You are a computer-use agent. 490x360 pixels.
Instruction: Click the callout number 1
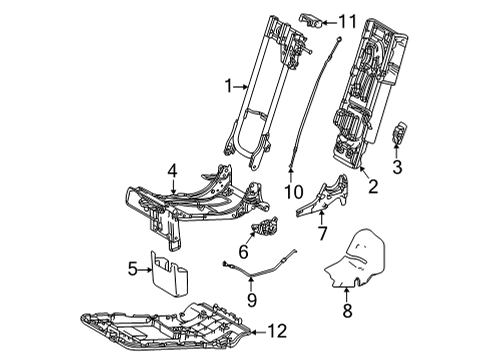click(229, 87)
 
